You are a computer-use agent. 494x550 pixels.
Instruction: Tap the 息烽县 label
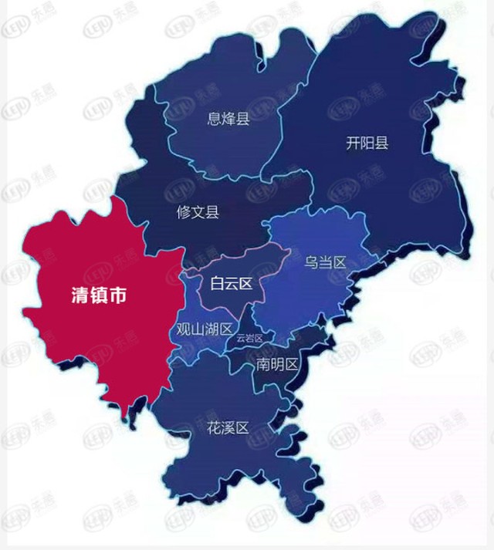228,118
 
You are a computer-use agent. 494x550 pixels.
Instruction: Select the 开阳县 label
367,143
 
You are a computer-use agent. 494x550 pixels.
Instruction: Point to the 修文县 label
198,211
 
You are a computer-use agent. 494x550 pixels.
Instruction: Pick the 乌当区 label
324,262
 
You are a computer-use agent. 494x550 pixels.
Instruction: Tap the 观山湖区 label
205,329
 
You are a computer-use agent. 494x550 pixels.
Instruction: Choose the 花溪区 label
228,427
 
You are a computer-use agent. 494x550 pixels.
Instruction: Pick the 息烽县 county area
224,147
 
